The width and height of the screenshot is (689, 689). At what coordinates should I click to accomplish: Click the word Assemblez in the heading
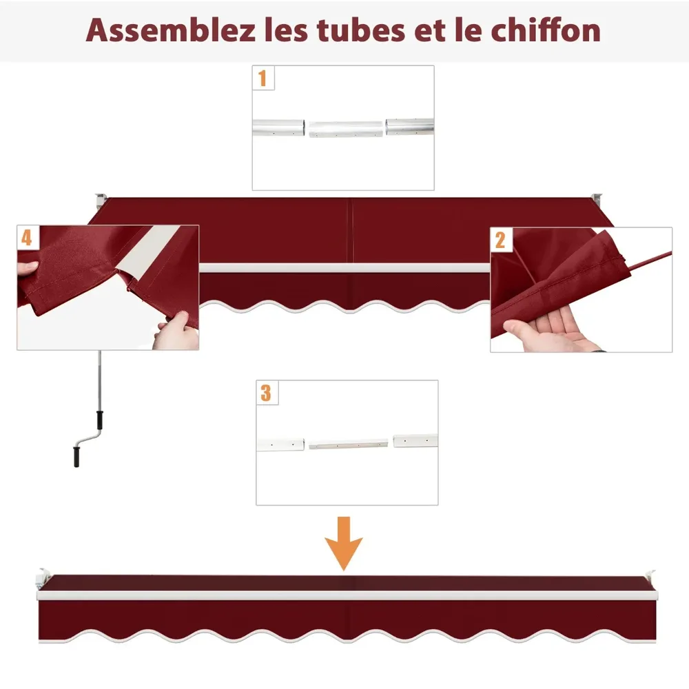170,30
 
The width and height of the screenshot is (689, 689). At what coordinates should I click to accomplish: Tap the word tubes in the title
361,30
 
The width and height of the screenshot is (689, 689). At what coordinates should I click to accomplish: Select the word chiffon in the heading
545,30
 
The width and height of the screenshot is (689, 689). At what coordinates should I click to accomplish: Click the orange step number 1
263,79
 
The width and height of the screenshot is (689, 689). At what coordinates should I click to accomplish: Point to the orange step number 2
500,240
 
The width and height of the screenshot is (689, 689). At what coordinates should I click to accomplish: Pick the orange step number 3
266,393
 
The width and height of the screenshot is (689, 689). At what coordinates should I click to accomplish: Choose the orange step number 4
26,237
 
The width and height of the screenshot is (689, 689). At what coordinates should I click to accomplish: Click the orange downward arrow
344,544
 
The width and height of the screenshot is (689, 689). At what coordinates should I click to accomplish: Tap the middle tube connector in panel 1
345,130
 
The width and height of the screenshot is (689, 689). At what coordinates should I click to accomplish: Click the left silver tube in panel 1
278,127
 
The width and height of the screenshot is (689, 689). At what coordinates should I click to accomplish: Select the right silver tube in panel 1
410,127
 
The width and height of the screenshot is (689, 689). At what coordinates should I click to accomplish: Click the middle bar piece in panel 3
348,444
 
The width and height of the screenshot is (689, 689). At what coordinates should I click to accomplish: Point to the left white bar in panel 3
281,444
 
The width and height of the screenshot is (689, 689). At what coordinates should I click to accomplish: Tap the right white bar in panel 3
415,440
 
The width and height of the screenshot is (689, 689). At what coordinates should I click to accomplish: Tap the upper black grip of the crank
100,420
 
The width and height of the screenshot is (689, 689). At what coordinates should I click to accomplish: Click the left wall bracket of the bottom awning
43,578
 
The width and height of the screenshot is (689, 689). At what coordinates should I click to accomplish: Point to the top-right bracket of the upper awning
596,198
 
